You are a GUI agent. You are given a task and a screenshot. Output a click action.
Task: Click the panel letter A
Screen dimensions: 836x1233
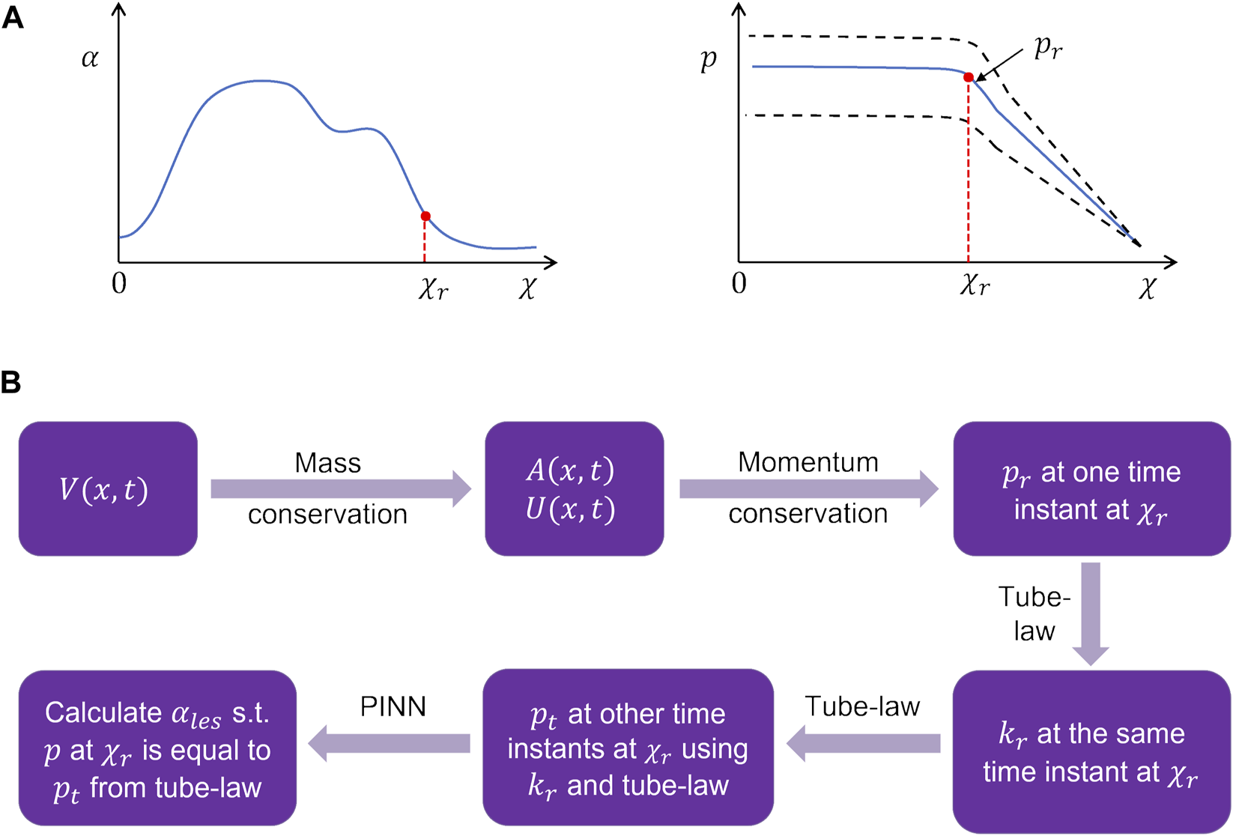click(x=13, y=17)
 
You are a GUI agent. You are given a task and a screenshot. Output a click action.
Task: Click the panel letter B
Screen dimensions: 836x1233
click(x=11, y=383)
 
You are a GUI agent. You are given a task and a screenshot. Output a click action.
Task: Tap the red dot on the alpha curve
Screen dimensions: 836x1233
click(x=425, y=216)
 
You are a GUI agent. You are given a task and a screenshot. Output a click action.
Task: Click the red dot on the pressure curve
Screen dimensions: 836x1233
click(x=969, y=77)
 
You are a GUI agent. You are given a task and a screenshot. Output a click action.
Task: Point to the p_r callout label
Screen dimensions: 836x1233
click(x=1046, y=48)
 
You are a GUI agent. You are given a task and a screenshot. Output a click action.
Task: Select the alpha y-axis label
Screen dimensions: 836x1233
click(x=90, y=58)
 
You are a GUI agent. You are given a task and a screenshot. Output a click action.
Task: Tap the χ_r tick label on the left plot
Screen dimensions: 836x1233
click(x=433, y=288)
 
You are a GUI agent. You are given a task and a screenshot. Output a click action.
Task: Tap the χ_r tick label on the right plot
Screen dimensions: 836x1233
click(x=975, y=285)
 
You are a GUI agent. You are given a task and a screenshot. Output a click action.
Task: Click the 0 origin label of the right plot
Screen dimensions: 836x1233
click(x=739, y=284)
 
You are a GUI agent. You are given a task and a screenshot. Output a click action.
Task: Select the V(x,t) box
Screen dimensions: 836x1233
click(x=108, y=489)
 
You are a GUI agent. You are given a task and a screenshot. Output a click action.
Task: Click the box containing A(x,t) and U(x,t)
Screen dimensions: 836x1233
click(x=575, y=489)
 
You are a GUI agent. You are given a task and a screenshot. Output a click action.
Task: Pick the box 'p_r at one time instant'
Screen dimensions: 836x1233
click(x=1091, y=489)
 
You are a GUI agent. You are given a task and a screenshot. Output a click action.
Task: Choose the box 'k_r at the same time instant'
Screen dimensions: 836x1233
click(x=1091, y=751)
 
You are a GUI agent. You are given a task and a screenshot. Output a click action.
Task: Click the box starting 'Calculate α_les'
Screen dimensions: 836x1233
click(x=157, y=748)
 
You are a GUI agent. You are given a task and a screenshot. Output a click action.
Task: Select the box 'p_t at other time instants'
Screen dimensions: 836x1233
click(x=628, y=748)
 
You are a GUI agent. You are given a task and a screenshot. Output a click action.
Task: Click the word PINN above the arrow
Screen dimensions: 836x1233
click(x=393, y=706)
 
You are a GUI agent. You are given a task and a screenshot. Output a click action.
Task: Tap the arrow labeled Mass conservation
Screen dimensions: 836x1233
click(x=341, y=489)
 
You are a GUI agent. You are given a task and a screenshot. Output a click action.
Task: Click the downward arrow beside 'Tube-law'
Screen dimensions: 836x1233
click(x=1091, y=613)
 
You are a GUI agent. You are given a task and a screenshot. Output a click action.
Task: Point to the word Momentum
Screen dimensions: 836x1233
click(x=808, y=462)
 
